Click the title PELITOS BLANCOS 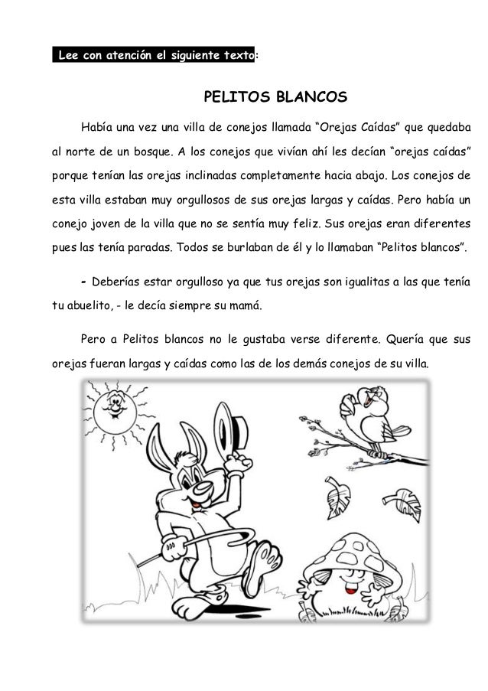[x=275, y=98]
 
